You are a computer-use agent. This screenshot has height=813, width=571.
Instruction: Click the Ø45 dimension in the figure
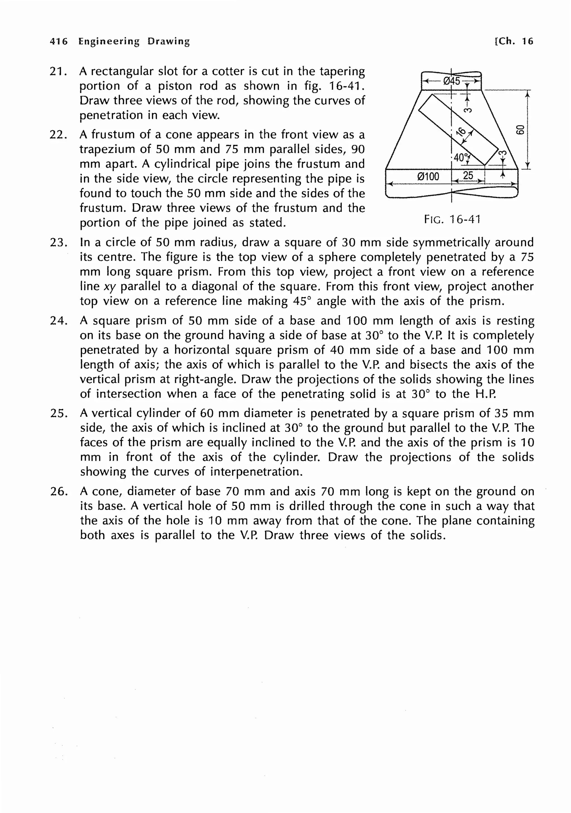[x=452, y=81]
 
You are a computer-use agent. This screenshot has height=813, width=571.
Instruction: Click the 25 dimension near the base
[x=468, y=175]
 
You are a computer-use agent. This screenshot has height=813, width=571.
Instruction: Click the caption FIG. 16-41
[x=452, y=220]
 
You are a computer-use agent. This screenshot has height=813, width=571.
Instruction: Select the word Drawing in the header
[x=168, y=41]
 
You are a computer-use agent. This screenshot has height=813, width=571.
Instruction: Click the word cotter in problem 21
[x=228, y=71]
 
